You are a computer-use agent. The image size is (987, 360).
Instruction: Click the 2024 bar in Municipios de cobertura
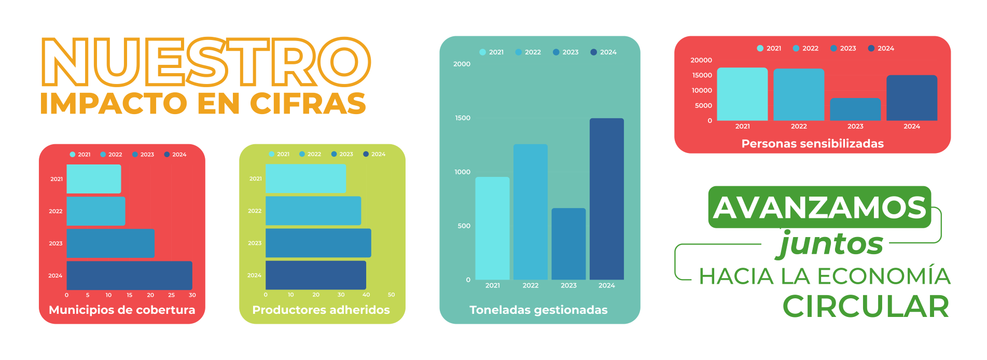(129, 275)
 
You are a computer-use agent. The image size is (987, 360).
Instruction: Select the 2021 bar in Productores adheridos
(305, 178)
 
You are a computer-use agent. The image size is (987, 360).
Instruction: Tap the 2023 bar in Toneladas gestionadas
(568, 244)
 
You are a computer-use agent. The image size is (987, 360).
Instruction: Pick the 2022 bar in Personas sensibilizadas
(799, 94)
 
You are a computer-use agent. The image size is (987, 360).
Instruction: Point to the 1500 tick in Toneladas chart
(463, 118)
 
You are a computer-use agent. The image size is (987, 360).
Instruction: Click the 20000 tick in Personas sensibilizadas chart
(701, 60)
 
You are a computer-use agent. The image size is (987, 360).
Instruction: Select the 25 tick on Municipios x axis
(171, 295)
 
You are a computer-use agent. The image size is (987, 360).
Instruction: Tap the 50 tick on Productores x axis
(391, 295)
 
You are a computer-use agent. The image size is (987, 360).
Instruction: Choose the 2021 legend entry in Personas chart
(769, 48)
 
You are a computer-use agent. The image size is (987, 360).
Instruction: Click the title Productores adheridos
(321, 310)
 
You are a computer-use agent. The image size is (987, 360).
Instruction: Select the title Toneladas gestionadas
(538, 310)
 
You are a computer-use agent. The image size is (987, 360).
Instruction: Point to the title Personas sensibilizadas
(812, 144)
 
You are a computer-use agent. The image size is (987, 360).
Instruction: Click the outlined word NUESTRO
(206, 62)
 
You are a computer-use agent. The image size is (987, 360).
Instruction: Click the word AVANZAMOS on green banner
(819, 207)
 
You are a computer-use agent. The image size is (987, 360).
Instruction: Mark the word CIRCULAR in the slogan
(866, 307)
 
